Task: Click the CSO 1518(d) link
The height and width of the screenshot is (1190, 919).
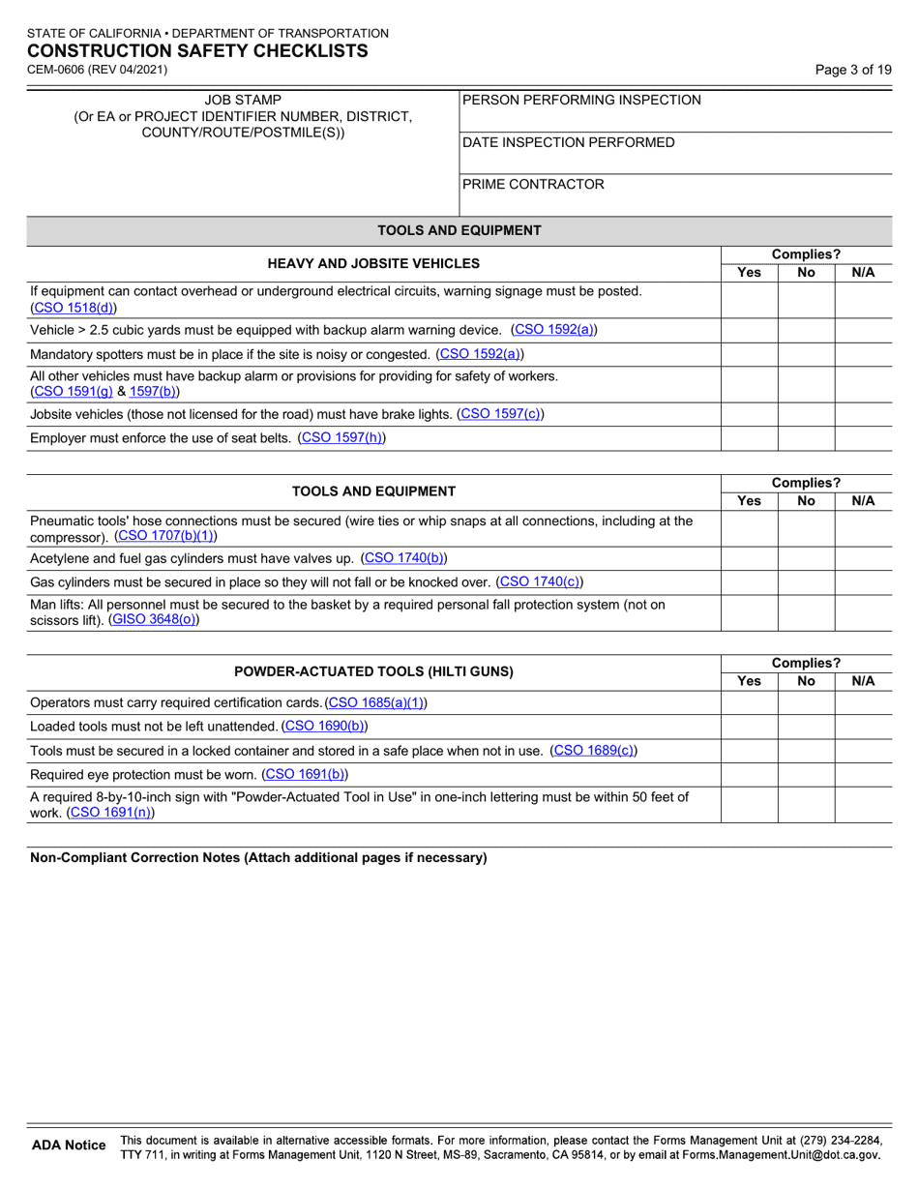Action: point(74,308)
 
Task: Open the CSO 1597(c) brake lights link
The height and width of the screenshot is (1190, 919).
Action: point(500,414)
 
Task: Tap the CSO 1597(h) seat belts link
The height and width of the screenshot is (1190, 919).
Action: point(341,438)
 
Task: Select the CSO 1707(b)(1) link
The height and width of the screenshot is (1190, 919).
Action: point(165,535)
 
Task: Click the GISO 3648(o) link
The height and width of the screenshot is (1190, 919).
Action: point(155,620)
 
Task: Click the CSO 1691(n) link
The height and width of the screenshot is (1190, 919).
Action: point(109,813)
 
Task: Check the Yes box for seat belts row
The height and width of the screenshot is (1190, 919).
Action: point(750,438)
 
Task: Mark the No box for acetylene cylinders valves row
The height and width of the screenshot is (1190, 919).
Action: point(806,558)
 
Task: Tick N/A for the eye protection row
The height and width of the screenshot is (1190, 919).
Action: point(863,774)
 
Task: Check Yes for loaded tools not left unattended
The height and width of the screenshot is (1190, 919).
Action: point(750,726)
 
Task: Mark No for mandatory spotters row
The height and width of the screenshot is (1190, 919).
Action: point(806,354)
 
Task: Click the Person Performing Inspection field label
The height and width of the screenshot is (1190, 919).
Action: point(582,100)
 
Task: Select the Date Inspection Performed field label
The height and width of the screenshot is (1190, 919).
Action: point(569,142)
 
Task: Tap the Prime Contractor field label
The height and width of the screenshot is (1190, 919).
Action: point(533,184)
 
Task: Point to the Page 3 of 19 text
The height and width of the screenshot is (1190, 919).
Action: point(853,70)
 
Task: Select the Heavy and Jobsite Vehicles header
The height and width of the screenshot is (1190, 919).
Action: point(373,263)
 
